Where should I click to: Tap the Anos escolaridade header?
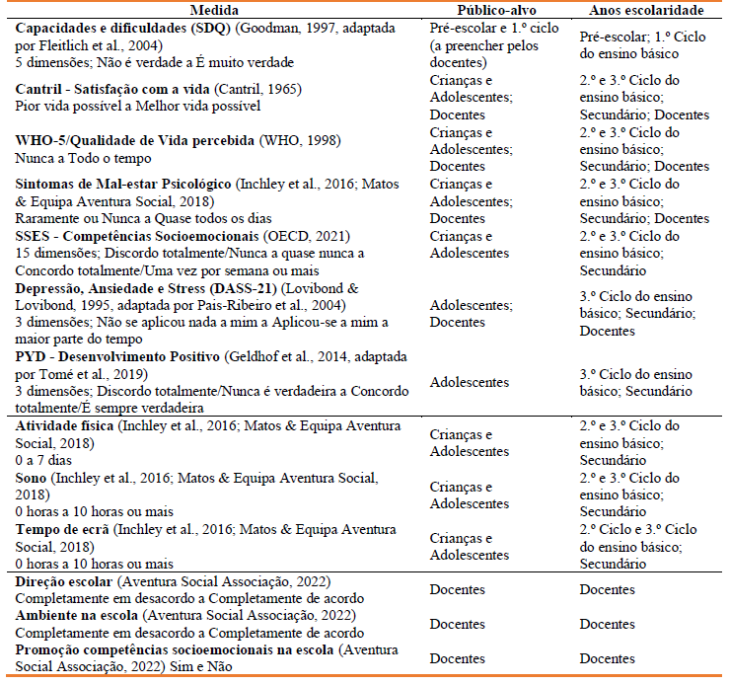point(645,10)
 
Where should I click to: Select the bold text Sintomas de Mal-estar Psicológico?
point(122,185)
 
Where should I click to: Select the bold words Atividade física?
point(64,425)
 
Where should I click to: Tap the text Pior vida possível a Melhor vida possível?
point(138,106)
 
